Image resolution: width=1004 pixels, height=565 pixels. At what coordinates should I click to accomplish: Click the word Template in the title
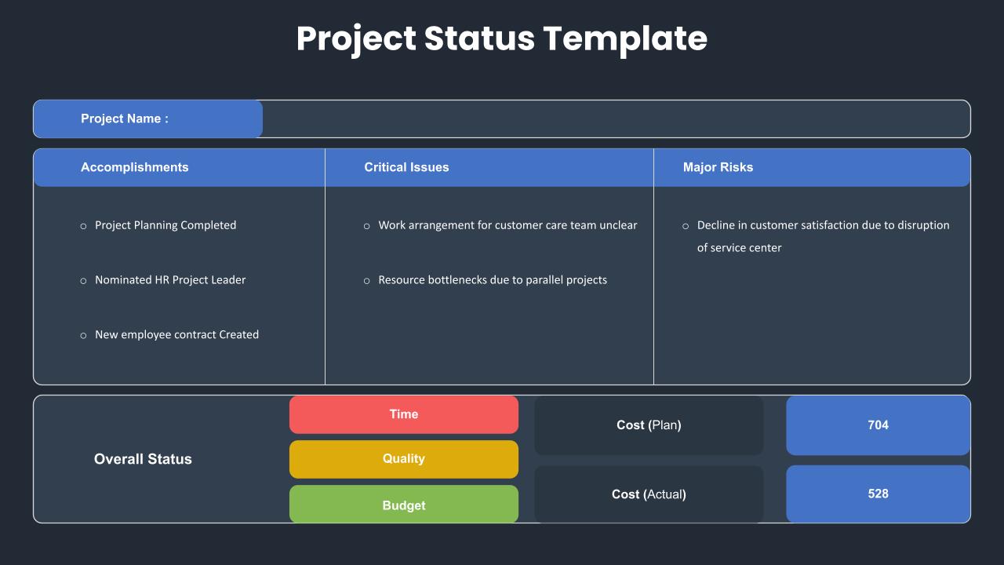pos(625,39)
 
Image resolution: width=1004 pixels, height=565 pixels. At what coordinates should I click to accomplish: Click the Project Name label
pos(125,118)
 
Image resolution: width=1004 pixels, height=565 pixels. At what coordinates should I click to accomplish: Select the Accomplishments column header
pos(134,167)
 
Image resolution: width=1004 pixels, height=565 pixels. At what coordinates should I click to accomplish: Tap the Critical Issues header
pos(406,167)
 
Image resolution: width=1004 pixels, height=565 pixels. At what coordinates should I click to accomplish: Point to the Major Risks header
pos(718,167)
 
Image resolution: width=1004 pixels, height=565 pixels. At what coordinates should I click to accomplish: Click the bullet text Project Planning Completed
pos(166,225)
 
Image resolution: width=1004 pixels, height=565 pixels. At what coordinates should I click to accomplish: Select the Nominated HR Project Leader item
pos(170,280)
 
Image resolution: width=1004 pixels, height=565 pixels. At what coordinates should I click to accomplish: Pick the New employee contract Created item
pos(177,334)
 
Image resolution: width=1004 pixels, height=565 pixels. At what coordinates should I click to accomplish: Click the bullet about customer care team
pos(507,225)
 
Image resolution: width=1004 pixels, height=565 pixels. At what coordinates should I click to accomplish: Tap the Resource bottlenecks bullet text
pos(493,280)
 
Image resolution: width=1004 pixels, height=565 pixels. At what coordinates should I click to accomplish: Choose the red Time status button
pos(404,414)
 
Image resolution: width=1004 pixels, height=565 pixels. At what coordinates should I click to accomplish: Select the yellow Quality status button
pos(404,459)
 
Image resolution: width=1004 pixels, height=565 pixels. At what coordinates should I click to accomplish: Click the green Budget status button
pos(404,504)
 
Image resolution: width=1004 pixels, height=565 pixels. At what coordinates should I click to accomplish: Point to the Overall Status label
pos(143,459)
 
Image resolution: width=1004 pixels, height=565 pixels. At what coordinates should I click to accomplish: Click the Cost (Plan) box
pos(649,425)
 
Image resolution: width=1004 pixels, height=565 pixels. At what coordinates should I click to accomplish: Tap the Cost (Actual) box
pos(649,494)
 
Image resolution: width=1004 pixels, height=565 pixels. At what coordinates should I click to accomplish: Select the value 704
pos(878,425)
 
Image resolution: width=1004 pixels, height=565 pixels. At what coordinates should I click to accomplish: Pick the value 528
pos(878,494)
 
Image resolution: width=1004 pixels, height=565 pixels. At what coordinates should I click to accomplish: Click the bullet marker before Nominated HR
pos(83,281)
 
